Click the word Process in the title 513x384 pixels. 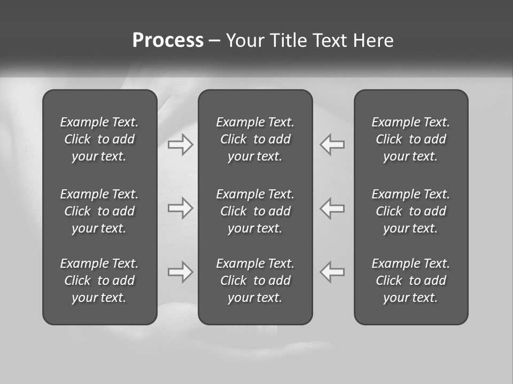tap(168, 41)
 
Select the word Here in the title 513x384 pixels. tap(373, 41)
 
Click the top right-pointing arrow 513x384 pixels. tap(181, 144)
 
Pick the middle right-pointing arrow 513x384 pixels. tap(181, 208)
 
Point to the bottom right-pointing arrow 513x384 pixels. tap(181, 272)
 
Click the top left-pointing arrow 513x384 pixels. tap(332, 144)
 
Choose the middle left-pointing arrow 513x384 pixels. tap(332, 208)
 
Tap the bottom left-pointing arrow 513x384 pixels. tap(332, 272)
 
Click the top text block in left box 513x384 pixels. tap(99, 139)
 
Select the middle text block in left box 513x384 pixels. tap(99, 211)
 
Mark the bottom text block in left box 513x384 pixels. tap(99, 281)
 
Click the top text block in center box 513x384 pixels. tap(255, 139)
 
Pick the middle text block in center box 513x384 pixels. tap(255, 211)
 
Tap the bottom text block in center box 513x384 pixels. tap(255, 281)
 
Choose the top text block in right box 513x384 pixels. tap(411, 139)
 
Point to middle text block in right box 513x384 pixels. tap(411, 211)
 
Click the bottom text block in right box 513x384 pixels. tap(411, 281)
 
